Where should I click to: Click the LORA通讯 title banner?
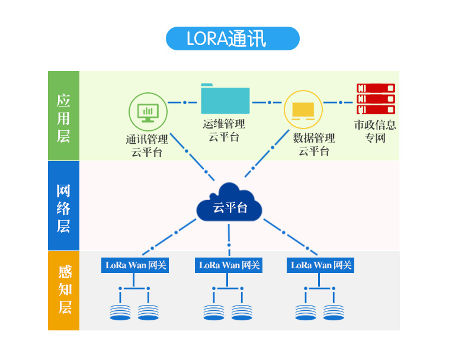[x=232, y=38]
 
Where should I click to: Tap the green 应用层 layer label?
[x=63, y=116]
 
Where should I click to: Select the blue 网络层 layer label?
[x=63, y=206]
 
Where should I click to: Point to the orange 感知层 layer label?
[x=63, y=290]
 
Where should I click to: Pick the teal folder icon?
[x=225, y=99]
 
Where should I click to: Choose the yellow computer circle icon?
[x=303, y=110]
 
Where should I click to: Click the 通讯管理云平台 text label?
[x=147, y=146]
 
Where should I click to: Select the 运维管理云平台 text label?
[x=224, y=130]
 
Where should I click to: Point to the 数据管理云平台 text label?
[x=313, y=144]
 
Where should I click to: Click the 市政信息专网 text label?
[x=375, y=131]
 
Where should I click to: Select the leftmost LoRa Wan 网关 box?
[x=134, y=265]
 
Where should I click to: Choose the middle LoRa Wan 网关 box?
[x=229, y=265]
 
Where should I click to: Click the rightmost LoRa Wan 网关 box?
[x=321, y=265]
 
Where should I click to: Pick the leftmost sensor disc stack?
[x=120, y=312]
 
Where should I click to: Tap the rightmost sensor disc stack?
[x=334, y=312]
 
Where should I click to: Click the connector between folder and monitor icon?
[x=184, y=102]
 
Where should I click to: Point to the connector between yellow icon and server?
[x=340, y=102]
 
